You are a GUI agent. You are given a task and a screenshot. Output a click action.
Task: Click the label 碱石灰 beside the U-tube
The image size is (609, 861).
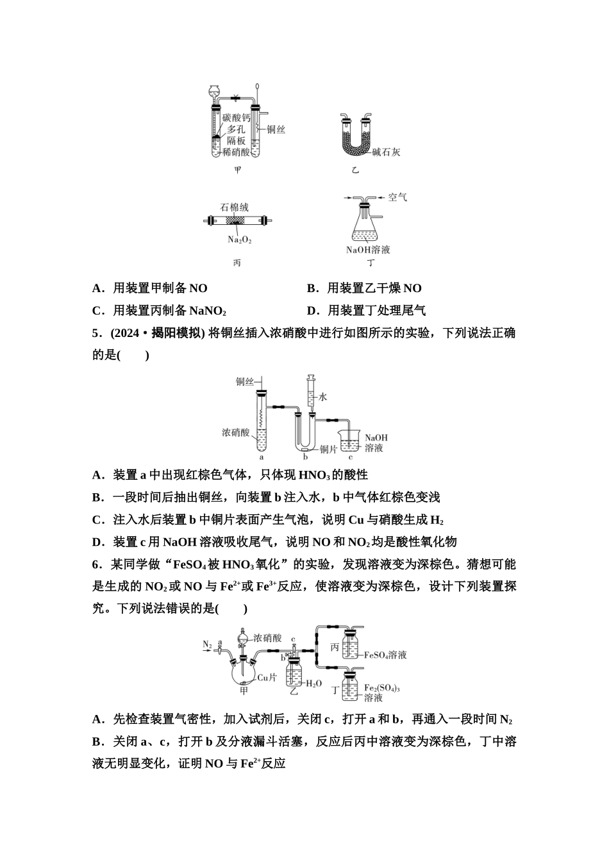coord(386,152)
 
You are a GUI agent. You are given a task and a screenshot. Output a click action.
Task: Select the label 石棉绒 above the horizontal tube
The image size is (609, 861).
coord(234,208)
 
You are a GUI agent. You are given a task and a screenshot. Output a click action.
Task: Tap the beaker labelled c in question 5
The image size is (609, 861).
coord(349,442)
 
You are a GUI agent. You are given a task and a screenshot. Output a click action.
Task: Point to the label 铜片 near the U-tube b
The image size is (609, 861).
coord(328,450)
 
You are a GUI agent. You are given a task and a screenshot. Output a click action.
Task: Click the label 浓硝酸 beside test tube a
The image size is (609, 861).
coord(235,432)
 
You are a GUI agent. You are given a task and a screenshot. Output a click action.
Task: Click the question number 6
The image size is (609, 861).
coord(96,564)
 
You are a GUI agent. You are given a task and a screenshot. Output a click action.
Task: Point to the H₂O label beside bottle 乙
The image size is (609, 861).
coord(313,684)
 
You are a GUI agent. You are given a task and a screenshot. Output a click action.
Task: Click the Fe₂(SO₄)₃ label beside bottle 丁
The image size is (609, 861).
coord(382,688)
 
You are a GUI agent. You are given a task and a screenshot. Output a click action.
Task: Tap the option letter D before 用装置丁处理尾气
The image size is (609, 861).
coord(312,311)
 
